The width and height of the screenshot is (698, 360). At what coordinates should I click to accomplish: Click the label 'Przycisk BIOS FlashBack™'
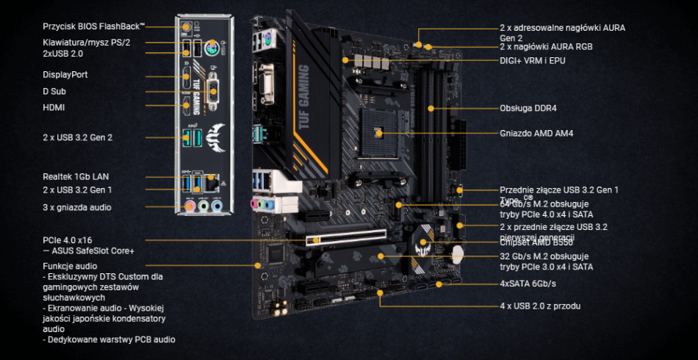pos(94,26)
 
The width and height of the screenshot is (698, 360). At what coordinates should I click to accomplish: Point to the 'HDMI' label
pos(54,107)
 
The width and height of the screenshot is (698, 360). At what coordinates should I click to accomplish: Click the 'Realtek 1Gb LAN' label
pos(76,176)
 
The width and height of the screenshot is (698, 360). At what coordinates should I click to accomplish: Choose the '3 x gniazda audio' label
pos(77,207)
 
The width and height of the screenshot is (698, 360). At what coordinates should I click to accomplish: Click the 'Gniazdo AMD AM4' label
pos(536,134)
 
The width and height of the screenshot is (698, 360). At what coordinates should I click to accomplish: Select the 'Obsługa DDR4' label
pos(528,108)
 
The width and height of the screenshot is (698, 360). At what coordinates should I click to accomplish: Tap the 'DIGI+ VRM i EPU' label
pos(533,60)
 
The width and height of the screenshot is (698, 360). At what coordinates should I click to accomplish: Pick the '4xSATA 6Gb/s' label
pos(528,284)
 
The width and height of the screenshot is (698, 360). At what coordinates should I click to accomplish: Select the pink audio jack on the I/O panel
pos(190,206)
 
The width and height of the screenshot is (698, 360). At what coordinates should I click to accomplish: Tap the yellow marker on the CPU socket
pos(378,133)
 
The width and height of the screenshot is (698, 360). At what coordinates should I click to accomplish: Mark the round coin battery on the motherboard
pos(458,252)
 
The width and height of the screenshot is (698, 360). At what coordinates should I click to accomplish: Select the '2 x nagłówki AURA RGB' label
pos(546,46)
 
